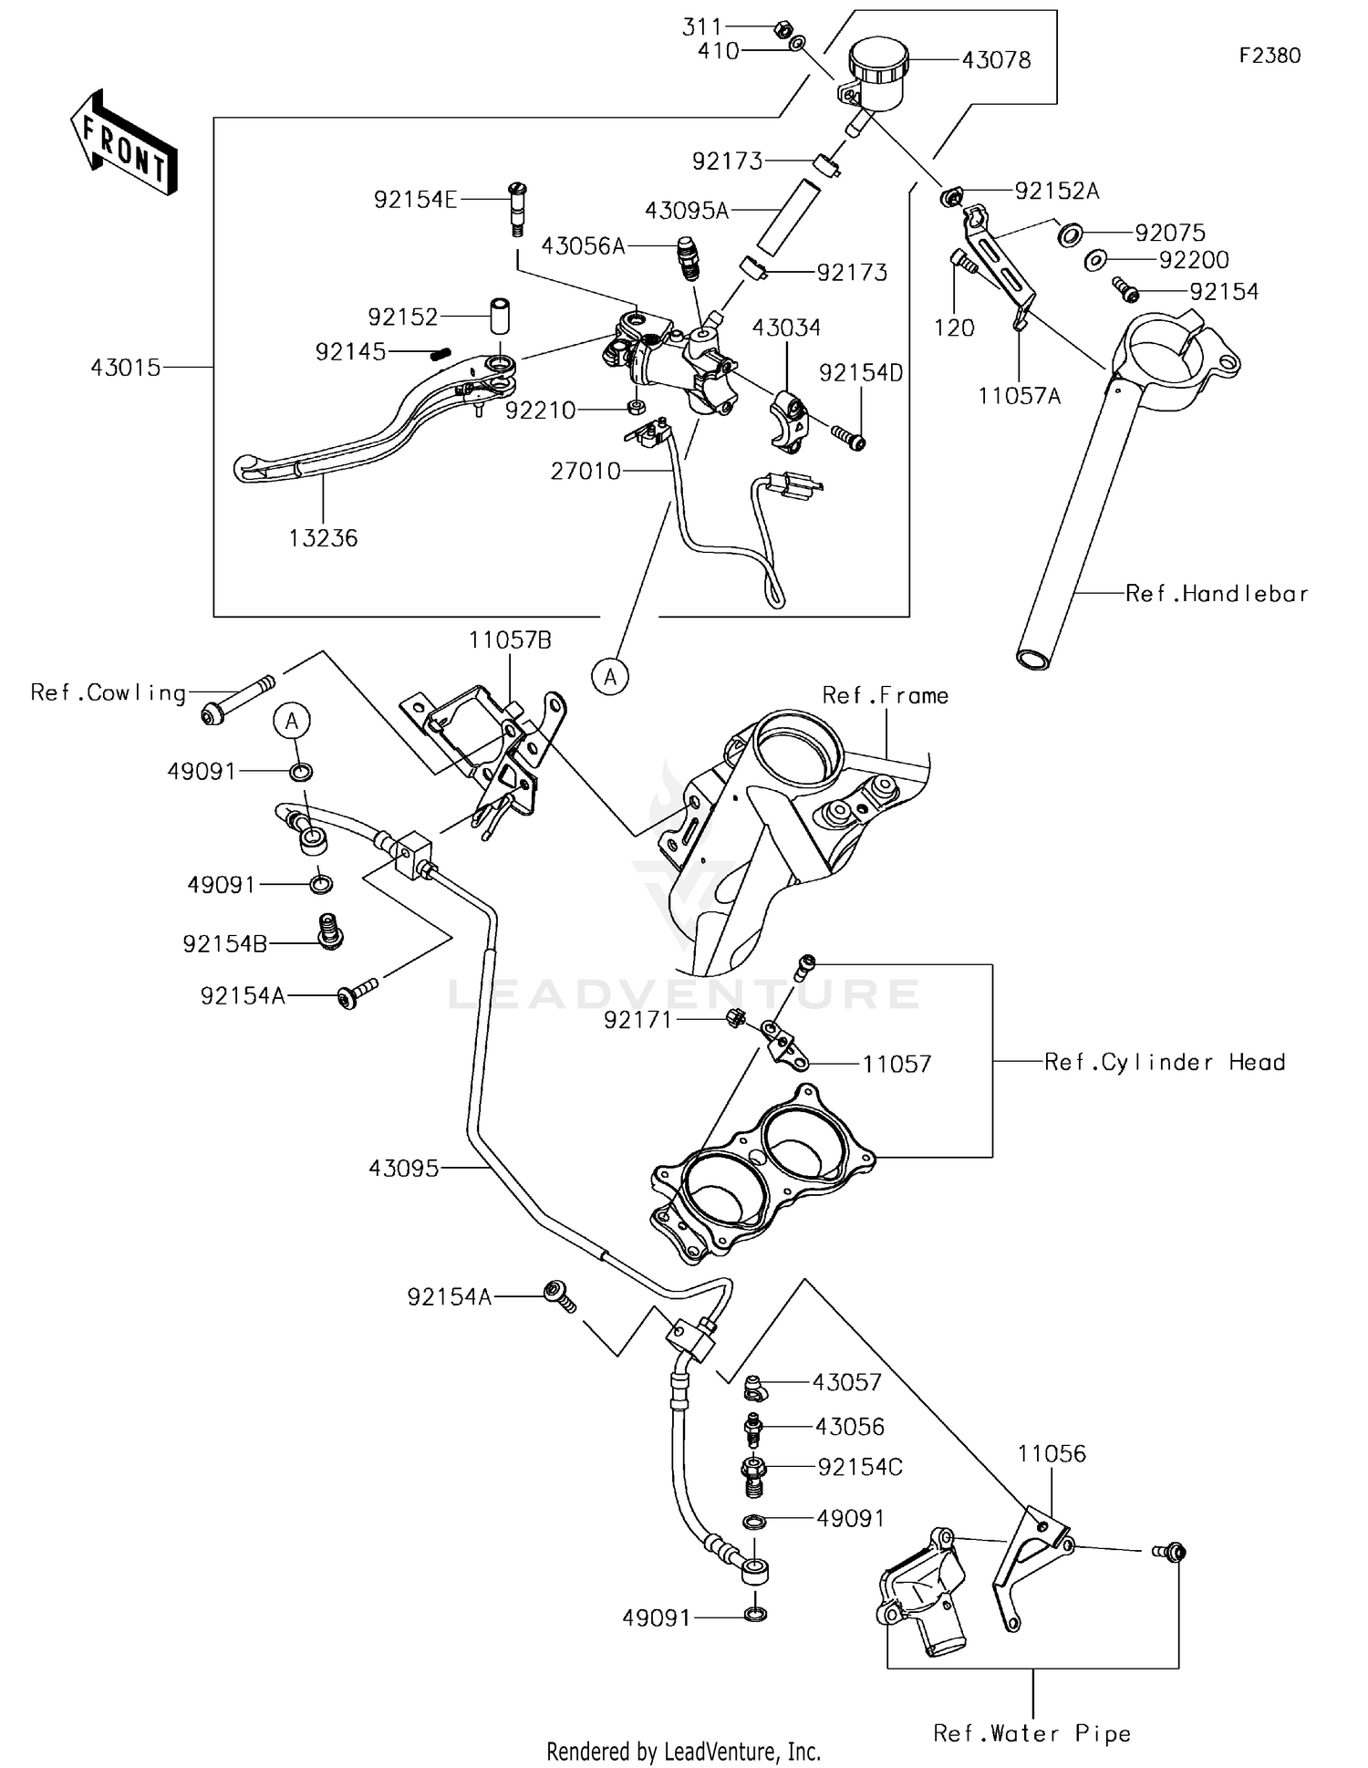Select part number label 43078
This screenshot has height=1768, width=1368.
point(996,60)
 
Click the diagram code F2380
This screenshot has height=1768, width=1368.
point(1270,56)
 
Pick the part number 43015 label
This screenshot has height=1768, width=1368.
point(126,368)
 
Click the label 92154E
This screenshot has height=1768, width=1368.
point(415,200)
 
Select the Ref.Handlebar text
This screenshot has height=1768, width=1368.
point(1217,594)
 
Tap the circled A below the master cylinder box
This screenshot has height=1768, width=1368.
point(610,676)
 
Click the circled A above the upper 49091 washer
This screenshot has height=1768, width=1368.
point(292,721)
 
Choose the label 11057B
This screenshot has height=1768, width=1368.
point(510,640)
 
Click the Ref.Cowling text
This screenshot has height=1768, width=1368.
point(108,693)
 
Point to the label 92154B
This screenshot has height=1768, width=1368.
point(225,944)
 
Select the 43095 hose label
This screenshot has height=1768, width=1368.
point(404,1168)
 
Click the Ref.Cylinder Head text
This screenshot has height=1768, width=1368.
point(1165,1062)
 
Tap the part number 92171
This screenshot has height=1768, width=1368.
point(637,1020)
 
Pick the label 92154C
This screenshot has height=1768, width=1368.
point(860,1467)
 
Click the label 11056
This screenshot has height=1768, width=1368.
point(1052,1453)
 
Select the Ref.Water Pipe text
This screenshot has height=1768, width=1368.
point(1031,1733)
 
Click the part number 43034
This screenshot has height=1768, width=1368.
point(786,328)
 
